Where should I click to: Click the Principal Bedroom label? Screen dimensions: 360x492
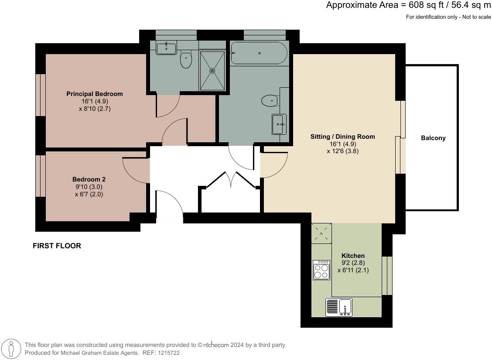pos(94,94)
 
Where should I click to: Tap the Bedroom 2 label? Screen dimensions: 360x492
pos(89,179)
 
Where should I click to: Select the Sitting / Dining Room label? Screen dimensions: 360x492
pos(342,137)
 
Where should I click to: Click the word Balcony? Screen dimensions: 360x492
pos(433,138)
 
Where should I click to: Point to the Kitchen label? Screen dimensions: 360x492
pos(353,256)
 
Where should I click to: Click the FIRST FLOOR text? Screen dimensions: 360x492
pos(57,246)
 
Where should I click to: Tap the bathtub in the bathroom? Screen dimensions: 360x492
pos(259,53)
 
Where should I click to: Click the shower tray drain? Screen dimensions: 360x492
pos(213,71)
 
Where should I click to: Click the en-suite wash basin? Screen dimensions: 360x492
pos(166,48)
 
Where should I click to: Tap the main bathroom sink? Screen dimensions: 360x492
pos(279,124)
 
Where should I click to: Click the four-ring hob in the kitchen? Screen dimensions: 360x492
pos(321,270)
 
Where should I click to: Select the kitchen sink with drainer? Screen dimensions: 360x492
pos(339,307)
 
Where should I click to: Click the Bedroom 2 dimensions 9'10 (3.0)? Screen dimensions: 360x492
pos(89,187)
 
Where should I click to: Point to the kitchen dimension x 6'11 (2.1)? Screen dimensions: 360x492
pos(353,270)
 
